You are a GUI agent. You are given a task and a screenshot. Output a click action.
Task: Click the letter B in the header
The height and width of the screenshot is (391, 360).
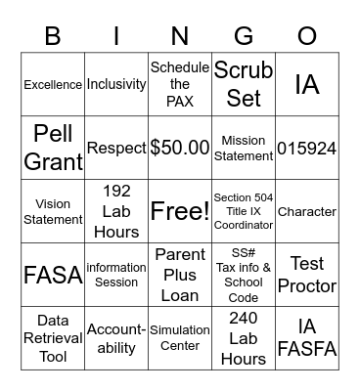53,35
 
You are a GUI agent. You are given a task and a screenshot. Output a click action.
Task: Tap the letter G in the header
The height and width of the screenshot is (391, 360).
244,35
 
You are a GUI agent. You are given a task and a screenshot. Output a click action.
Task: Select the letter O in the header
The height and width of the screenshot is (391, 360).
307,35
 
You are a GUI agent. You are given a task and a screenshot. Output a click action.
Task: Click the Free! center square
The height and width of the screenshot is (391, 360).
180,211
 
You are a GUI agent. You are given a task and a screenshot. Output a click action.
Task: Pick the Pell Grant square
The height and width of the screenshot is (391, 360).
53,148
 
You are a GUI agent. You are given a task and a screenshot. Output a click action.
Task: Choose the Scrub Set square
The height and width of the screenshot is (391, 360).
244,85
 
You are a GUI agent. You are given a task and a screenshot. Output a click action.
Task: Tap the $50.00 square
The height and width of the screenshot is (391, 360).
180,148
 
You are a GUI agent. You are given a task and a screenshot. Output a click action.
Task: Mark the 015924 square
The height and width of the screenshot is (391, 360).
307,148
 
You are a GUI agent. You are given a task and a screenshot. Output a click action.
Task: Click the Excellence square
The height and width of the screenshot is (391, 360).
53,85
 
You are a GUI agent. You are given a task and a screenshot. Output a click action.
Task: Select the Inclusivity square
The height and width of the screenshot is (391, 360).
116,85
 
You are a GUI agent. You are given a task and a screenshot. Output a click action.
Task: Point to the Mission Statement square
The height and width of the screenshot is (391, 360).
244,148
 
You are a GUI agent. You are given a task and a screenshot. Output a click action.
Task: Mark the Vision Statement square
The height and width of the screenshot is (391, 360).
53,211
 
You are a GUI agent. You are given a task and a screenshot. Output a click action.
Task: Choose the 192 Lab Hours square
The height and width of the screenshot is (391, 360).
116,211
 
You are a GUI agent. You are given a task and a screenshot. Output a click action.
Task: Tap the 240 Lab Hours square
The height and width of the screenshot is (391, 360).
244,337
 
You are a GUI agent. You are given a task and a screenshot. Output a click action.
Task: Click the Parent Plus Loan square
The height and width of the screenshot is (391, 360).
180,274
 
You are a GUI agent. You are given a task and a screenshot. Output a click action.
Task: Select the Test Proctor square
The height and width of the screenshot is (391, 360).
307,274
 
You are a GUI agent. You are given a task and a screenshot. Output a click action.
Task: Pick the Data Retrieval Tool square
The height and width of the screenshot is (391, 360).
53,337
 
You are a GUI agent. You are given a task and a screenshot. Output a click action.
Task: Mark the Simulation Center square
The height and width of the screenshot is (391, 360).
180,337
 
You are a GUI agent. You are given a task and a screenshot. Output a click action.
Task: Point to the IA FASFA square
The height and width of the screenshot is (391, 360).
307,337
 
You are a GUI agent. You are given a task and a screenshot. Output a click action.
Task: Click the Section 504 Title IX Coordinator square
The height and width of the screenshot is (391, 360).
244,211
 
